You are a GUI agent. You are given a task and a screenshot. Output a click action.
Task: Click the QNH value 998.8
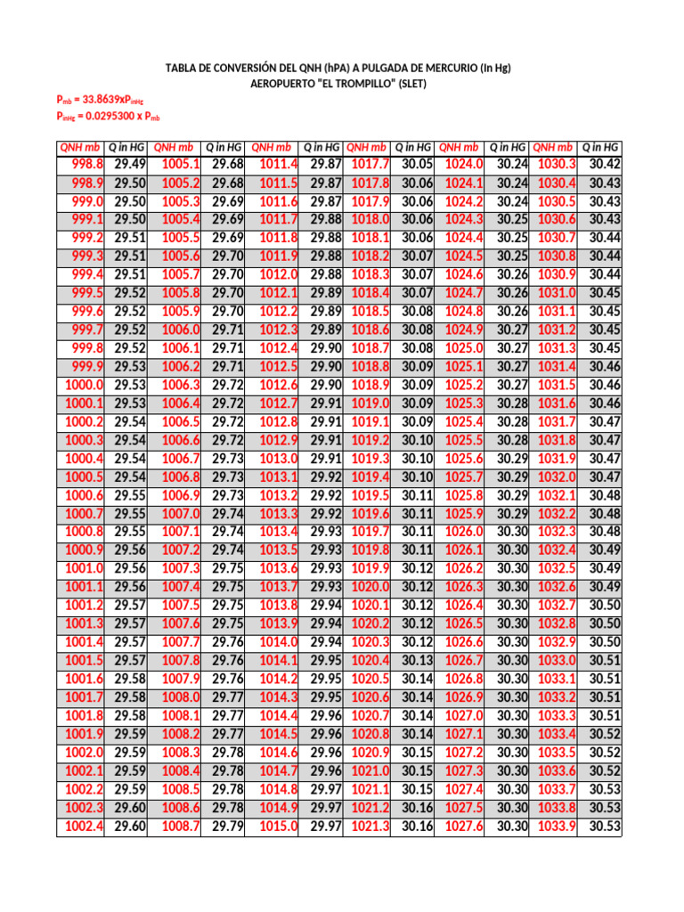coord(87,164)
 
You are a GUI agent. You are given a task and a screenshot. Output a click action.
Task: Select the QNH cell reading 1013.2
coord(279,495)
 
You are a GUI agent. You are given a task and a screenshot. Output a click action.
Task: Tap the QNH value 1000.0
coord(85,385)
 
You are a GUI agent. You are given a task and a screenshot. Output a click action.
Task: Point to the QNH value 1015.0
coord(279,826)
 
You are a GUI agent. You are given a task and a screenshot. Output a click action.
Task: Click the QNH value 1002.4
coord(85,826)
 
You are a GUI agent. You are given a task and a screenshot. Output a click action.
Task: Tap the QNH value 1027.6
coord(464,826)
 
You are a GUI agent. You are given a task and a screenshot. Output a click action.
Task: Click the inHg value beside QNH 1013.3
coord(327,514)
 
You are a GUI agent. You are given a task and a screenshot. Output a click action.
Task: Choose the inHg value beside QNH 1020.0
coord(417,587)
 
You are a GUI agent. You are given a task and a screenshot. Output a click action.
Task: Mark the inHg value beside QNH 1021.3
coord(417,826)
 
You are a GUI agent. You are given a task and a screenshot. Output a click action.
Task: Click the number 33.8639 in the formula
coord(94,101)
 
